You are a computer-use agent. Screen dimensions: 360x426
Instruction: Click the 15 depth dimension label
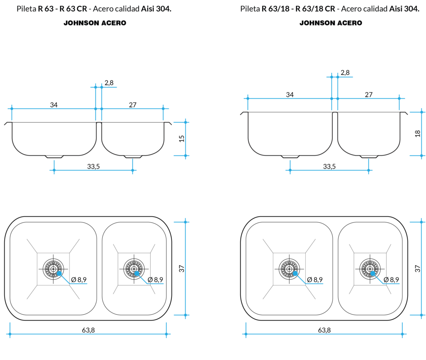coord(181,138)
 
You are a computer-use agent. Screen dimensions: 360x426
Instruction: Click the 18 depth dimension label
coord(418,133)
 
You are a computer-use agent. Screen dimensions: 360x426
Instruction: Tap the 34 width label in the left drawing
coord(54,105)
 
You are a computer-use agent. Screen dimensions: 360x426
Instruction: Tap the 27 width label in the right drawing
coord(369,94)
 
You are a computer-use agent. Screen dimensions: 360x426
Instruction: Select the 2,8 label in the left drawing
coord(109,83)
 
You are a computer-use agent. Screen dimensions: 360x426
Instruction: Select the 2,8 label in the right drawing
coord(345,73)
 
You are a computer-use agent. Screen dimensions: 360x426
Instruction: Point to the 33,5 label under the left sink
coord(93,166)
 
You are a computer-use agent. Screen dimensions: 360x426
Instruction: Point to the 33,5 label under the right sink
coord(329,166)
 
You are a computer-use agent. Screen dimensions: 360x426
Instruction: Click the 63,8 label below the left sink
coord(88,330)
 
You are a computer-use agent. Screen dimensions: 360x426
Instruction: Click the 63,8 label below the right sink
coord(324,330)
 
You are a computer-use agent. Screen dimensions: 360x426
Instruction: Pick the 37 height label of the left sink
coord(181,269)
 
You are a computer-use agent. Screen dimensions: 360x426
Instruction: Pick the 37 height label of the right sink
coord(418,269)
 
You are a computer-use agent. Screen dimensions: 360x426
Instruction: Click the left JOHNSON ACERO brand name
coord(95,23)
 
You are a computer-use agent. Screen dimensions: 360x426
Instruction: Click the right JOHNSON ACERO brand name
coord(331,23)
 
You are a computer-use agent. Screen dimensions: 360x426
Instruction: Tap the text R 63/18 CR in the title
coord(315,9)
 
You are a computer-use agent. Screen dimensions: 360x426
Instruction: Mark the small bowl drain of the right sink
coord(370,269)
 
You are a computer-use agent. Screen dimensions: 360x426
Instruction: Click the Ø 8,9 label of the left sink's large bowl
coord(79,280)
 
